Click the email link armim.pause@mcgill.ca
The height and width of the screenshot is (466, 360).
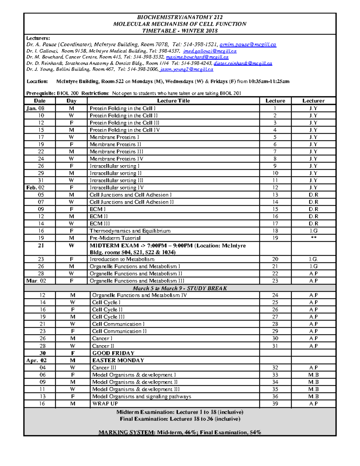point(247,44)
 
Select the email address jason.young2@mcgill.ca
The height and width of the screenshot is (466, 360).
point(187,69)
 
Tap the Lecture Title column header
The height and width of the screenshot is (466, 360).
point(173,101)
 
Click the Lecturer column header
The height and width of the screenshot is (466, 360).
point(313,101)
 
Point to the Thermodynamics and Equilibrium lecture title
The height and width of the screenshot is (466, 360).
point(130,231)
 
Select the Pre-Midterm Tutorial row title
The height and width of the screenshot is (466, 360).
point(115,238)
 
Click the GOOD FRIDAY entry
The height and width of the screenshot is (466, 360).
point(113,353)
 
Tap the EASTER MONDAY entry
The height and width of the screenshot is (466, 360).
point(118,360)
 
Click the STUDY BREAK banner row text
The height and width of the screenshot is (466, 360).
point(180,288)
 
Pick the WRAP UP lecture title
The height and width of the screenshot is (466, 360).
point(105,404)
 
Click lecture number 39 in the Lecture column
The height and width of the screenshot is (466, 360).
point(275,404)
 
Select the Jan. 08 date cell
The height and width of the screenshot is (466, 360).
point(35,108)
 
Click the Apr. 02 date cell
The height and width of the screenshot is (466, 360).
point(36,360)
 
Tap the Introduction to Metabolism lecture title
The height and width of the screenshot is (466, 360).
point(122,259)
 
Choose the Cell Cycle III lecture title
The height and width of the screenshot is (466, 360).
point(108,317)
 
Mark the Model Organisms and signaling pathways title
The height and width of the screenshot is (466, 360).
point(141,396)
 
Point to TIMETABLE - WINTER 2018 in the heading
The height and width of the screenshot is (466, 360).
point(180,31)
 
